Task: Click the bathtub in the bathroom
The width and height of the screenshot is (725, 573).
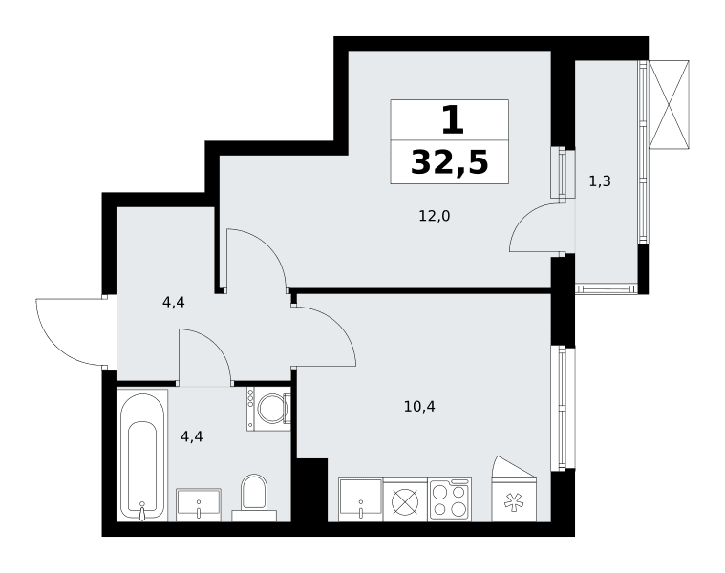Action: [142, 456]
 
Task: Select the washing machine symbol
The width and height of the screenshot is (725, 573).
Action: [268, 409]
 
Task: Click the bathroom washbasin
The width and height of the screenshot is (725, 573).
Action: [199, 505]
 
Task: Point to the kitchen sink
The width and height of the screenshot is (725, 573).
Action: [361, 499]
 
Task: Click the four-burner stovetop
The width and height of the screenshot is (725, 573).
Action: [450, 499]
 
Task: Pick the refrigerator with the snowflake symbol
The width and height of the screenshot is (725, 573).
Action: [514, 489]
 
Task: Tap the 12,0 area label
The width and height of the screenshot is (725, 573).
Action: [435, 216]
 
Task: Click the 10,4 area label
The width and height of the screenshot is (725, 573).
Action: [419, 407]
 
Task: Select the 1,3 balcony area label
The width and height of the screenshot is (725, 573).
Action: [600, 181]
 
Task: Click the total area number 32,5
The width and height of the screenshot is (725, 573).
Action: [450, 162]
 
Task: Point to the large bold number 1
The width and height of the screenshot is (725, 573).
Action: [452, 119]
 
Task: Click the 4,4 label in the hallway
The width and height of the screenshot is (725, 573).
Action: [174, 302]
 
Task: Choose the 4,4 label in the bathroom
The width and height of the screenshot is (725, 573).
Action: [192, 436]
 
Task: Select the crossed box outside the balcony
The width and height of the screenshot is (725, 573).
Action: [669, 104]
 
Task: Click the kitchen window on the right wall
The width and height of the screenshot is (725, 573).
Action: [563, 408]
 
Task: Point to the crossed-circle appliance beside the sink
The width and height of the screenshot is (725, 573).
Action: [406, 501]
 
